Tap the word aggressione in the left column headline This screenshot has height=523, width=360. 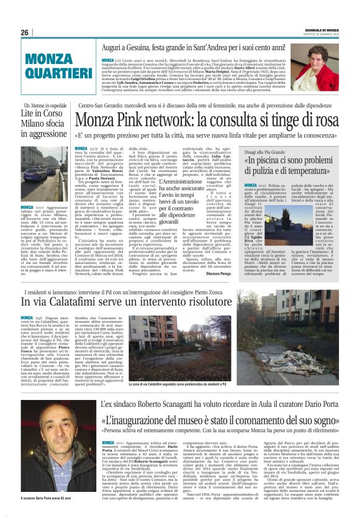pyautogui.click(x=44, y=134)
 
